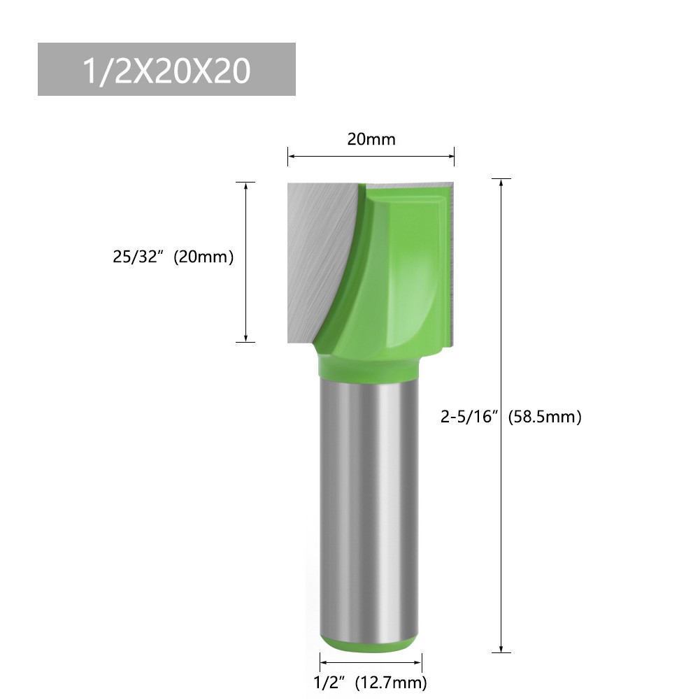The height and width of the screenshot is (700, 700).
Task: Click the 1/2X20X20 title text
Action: [166, 70]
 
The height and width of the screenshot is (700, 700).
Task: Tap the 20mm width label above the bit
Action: [371, 139]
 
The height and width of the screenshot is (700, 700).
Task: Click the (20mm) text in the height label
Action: [203, 257]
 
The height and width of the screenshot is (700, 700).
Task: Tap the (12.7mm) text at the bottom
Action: [390, 681]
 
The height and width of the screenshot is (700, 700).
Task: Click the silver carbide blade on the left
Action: [315, 252]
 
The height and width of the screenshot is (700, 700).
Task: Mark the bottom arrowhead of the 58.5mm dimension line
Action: [501, 648]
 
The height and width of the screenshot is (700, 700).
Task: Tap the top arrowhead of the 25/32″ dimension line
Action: [245, 186]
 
